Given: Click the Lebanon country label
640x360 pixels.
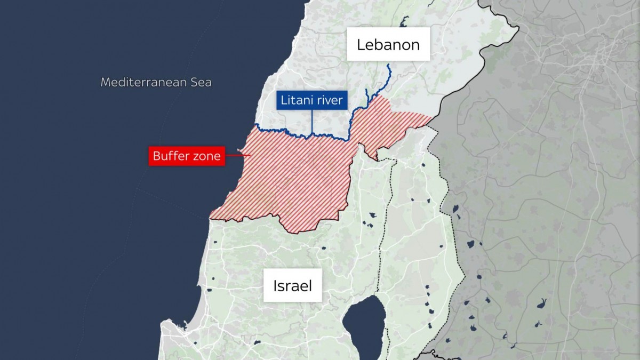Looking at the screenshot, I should (388, 44).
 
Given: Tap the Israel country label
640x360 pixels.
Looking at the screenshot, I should (292, 286).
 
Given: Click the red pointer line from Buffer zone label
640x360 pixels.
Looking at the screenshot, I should (237, 156).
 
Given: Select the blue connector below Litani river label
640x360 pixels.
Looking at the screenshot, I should (312, 122).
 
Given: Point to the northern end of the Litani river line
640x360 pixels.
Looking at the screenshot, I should (388, 65).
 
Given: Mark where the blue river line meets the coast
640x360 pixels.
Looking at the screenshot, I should (255, 125).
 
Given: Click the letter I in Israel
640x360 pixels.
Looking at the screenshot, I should (275, 286).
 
